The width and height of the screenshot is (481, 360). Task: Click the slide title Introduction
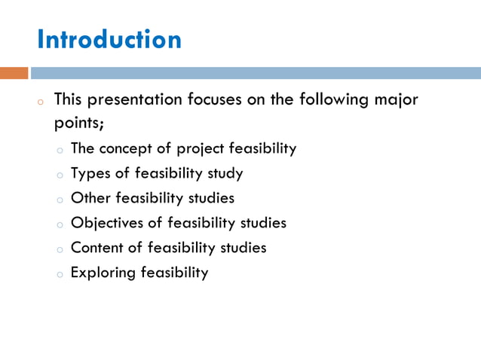[x=109, y=39]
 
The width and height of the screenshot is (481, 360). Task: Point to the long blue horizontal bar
[x=256, y=73]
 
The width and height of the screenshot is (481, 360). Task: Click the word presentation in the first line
[x=139, y=100]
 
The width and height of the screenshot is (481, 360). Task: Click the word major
[x=395, y=100]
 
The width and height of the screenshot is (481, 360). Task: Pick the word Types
[x=90, y=174]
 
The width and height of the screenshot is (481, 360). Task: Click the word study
[x=225, y=174]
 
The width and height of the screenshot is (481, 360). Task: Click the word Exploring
[x=103, y=273]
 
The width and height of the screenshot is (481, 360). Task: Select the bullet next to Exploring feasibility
[x=59, y=274]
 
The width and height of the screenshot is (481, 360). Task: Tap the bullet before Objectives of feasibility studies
[x=59, y=224]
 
